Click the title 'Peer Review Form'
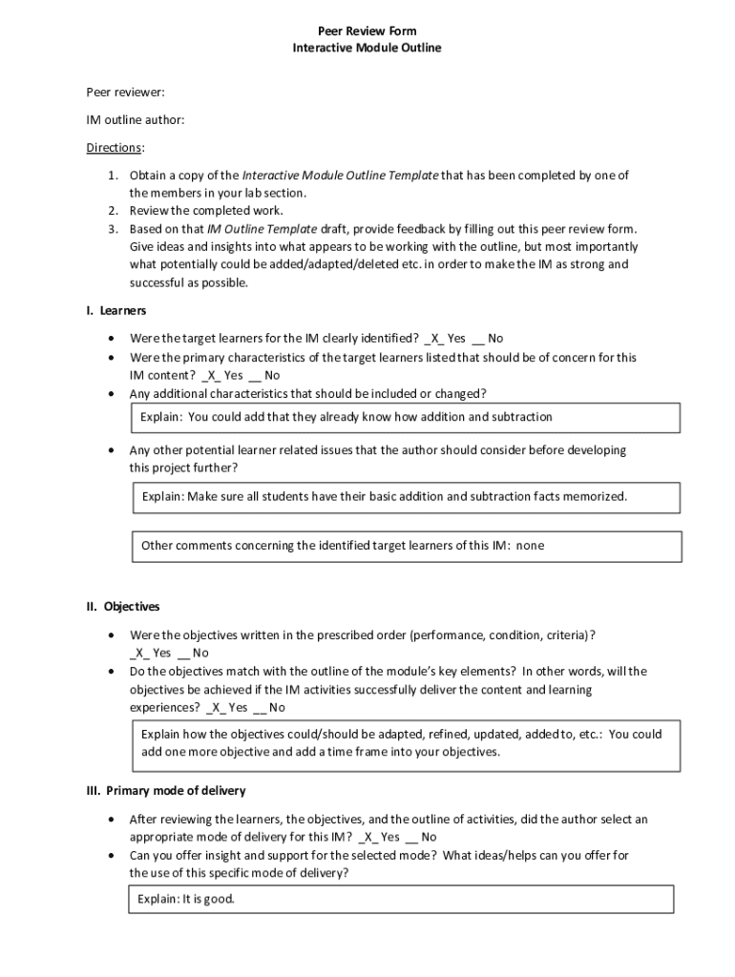[367, 31]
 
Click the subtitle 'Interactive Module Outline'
[367, 48]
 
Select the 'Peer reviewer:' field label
[125, 92]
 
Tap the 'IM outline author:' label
[136, 119]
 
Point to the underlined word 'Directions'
[115, 147]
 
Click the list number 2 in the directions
[111, 211]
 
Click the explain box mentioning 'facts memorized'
[406, 497]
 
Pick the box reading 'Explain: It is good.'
[401, 900]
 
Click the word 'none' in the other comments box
[530, 546]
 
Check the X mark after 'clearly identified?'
[434, 339]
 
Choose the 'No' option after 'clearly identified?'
[494, 339]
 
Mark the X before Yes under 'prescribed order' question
[140, 654]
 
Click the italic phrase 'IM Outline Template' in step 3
[262, 229]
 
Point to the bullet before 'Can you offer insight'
[114, 856]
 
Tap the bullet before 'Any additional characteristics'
[114, 394]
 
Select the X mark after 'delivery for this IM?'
[367, 838]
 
